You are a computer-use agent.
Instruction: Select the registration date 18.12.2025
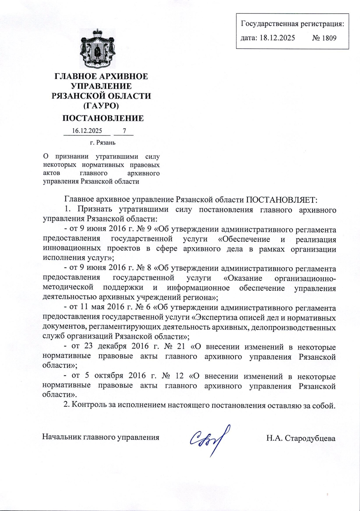pyautogui.click(x=277, y=38)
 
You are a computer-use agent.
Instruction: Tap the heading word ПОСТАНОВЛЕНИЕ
pyautogui.click(x=103, y=118)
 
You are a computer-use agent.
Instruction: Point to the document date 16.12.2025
pyautogui.click(x=87, y=131)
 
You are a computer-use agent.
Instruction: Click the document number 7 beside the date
pyautogui.click(x=124, y=131)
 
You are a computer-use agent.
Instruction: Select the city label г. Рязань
pyautogui.click(x=103, y=143)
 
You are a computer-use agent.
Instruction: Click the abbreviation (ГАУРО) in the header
pyautogui.click(x=101, y=106)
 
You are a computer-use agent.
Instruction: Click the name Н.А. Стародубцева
pyautogui.click(x=301, y=438)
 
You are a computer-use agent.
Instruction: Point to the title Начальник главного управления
pyautogui.click(x=100, y=437)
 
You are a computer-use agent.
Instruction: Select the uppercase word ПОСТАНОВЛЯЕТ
pyautogui.click(x=281, y=200)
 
